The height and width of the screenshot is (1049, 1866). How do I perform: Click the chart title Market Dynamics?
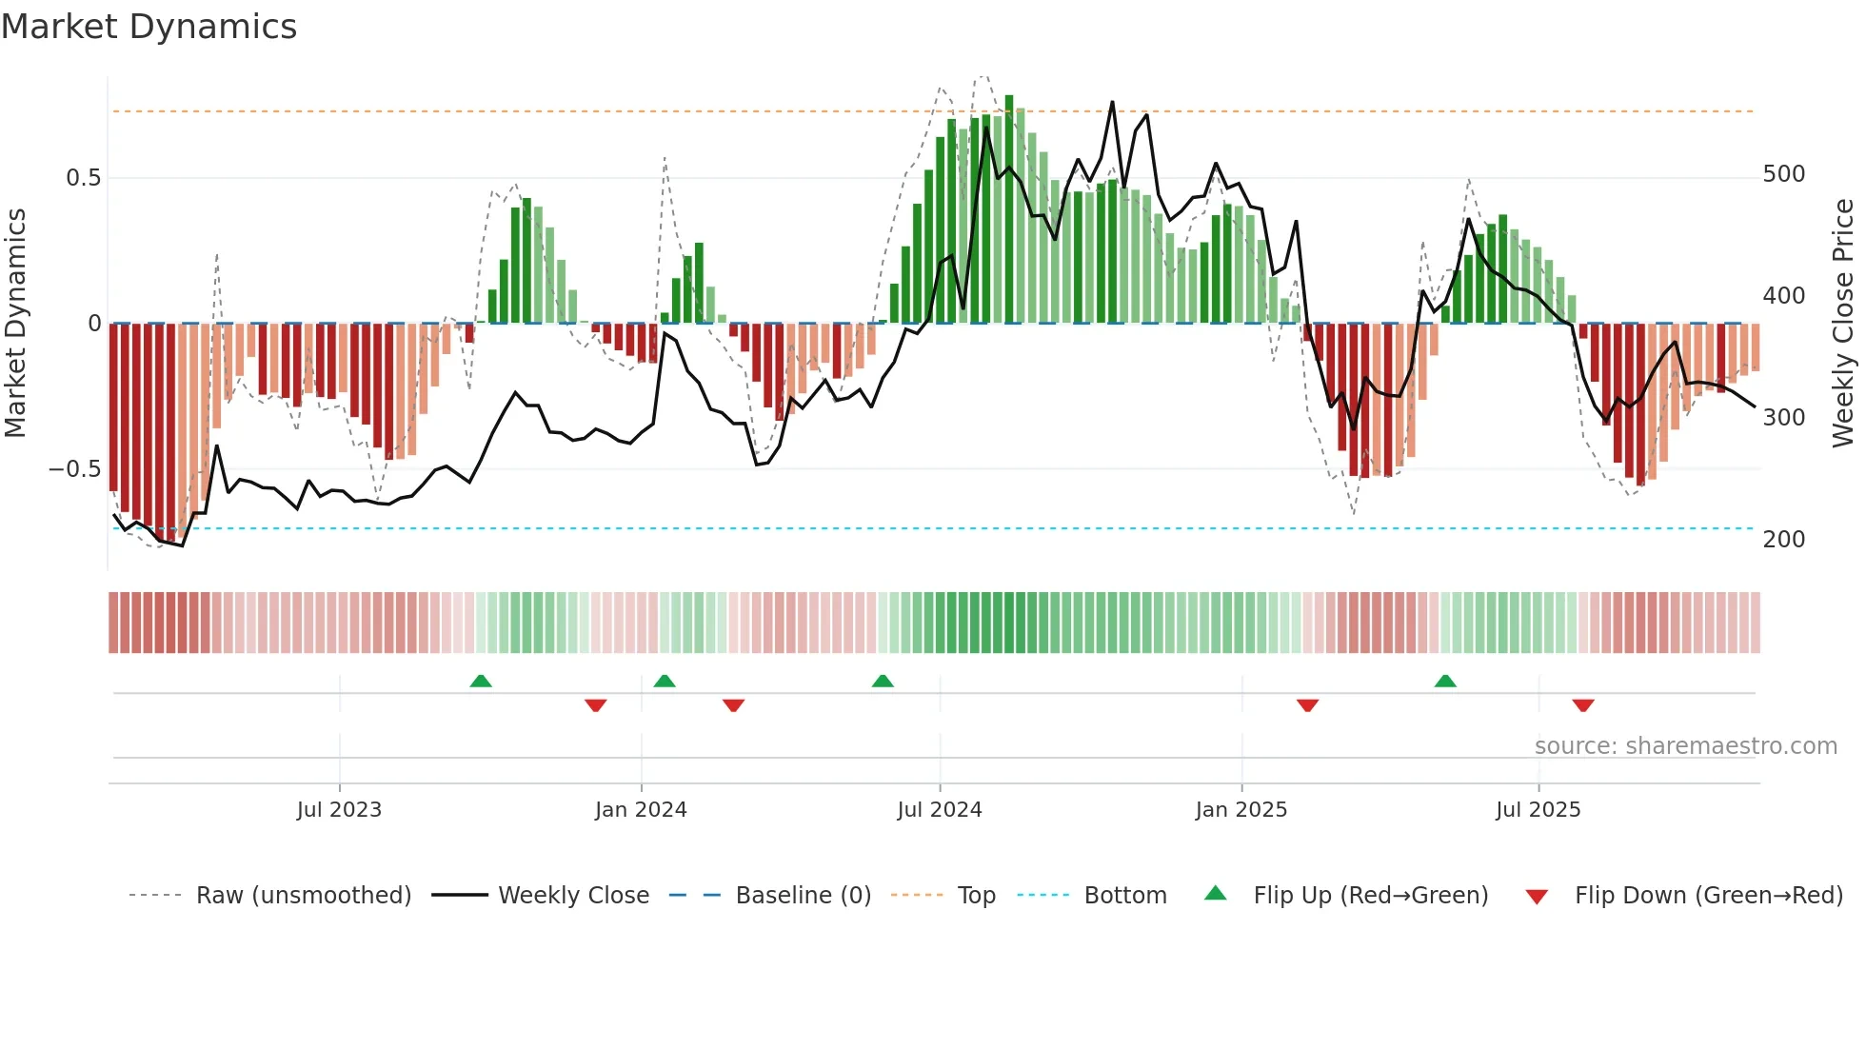click(x=149, y=27)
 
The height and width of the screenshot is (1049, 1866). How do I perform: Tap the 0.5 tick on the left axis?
click(x=83, y=178)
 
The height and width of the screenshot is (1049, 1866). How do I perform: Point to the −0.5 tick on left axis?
click(x=74, y=469)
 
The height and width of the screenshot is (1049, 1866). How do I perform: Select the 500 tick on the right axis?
click(x=1783, y=174)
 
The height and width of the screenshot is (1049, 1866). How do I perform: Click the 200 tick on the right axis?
click(x=1783, y=540)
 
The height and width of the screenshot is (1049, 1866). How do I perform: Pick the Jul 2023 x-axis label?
click(x=339, y=810)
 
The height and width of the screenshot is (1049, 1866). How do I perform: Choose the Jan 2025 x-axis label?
click(x=1241, y=810)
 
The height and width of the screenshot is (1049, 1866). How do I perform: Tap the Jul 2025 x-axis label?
click(x=1538, y=810)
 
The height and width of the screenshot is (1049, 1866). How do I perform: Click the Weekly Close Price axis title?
click(x=1843, y=323)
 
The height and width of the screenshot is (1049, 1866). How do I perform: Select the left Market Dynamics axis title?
click(x=15, y=323)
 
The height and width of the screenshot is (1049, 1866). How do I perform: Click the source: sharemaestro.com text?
click(x=1685, y=746)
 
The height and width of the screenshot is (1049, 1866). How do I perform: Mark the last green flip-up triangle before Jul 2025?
click(x=1445, y=681)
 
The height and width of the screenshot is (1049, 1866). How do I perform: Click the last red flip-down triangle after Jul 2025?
click(x=1583, y=705)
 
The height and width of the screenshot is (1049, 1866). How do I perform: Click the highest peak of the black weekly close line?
click(x=1112, y=103)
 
